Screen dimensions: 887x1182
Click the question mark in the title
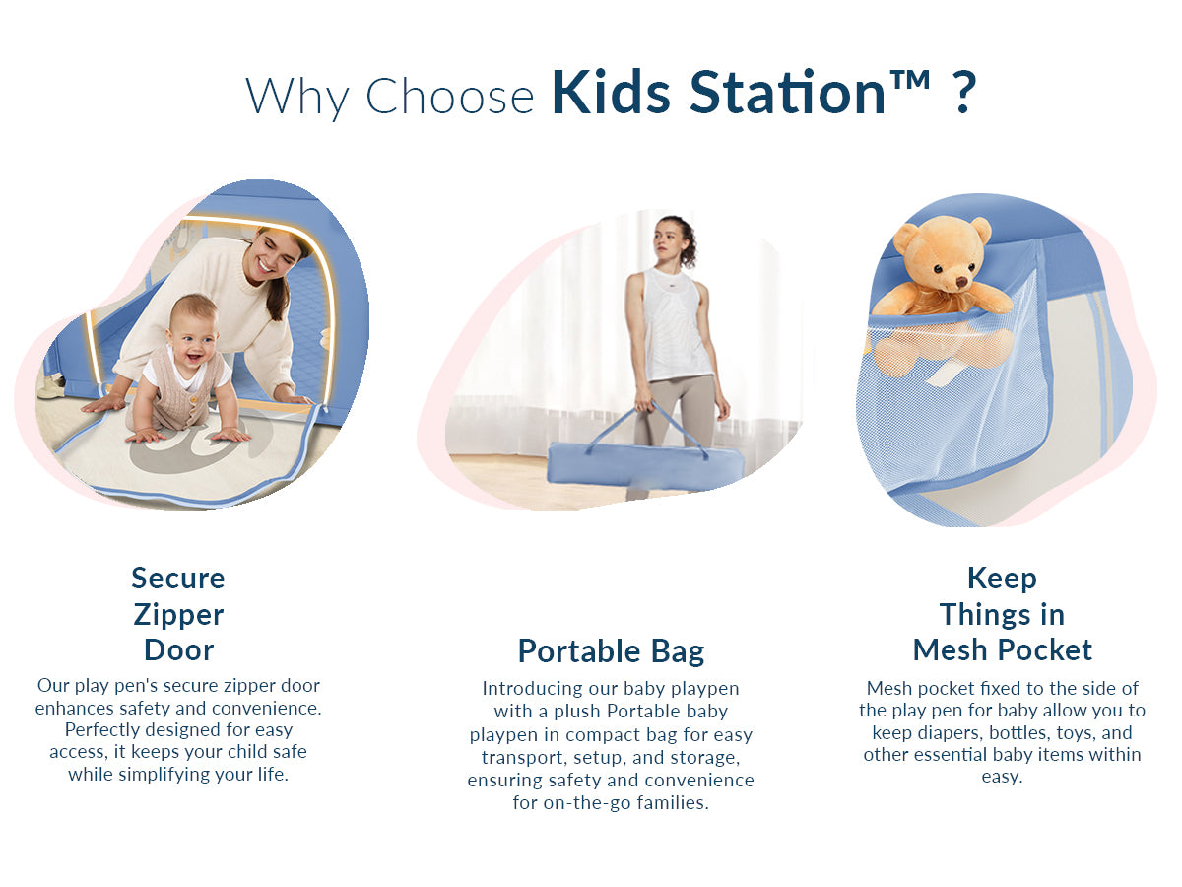pyautogui.click(x=964, y=94)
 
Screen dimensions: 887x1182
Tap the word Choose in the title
pyautogui.click(x=449, y=96)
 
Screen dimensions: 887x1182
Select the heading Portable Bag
pyautogui.click(x=611, y=651)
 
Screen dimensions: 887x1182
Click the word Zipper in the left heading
pyautogui.click(x=178, y=615)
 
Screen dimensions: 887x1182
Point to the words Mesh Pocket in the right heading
pyautogui.click(x=1002, y=650)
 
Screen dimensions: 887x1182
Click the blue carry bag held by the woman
pyautogui.click(x=630, y=465)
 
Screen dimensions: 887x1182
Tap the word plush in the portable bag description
pyautogui.click(x=572, y=711)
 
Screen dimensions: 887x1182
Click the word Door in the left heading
pyautogui.click(x=178, y=650)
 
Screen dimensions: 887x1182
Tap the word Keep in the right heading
pyautogui.click(x=1002, y=578)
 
